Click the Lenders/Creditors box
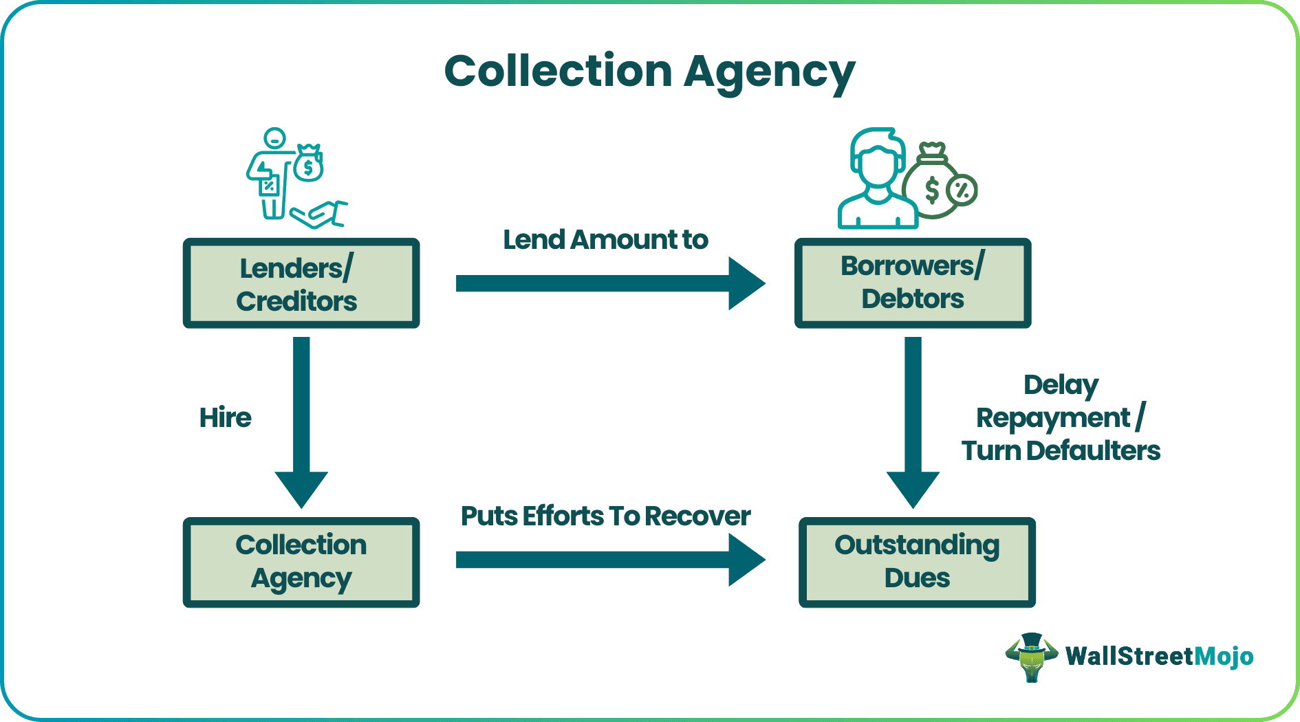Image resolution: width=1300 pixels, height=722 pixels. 301,283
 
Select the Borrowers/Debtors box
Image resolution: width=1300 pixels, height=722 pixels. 912,283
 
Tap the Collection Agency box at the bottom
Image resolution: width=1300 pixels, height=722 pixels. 301,562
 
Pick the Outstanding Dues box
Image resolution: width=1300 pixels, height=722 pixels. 916,562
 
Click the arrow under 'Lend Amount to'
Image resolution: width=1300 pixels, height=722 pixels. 609,283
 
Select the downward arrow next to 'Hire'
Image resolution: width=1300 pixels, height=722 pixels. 301,419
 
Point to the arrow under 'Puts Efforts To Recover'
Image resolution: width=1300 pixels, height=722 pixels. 609,560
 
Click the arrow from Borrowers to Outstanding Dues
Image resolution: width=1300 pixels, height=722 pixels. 913,419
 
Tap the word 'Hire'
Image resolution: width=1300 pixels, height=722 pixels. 225,417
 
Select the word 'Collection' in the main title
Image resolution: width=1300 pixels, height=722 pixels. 557,72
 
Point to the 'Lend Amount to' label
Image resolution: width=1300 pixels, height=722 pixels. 605,240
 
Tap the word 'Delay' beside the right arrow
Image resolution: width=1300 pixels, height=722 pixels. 1061,386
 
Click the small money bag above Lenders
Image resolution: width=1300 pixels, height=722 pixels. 309,164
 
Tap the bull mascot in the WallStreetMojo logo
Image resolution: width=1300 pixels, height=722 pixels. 1031,657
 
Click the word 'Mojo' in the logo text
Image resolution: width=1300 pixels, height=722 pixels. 1224,657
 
